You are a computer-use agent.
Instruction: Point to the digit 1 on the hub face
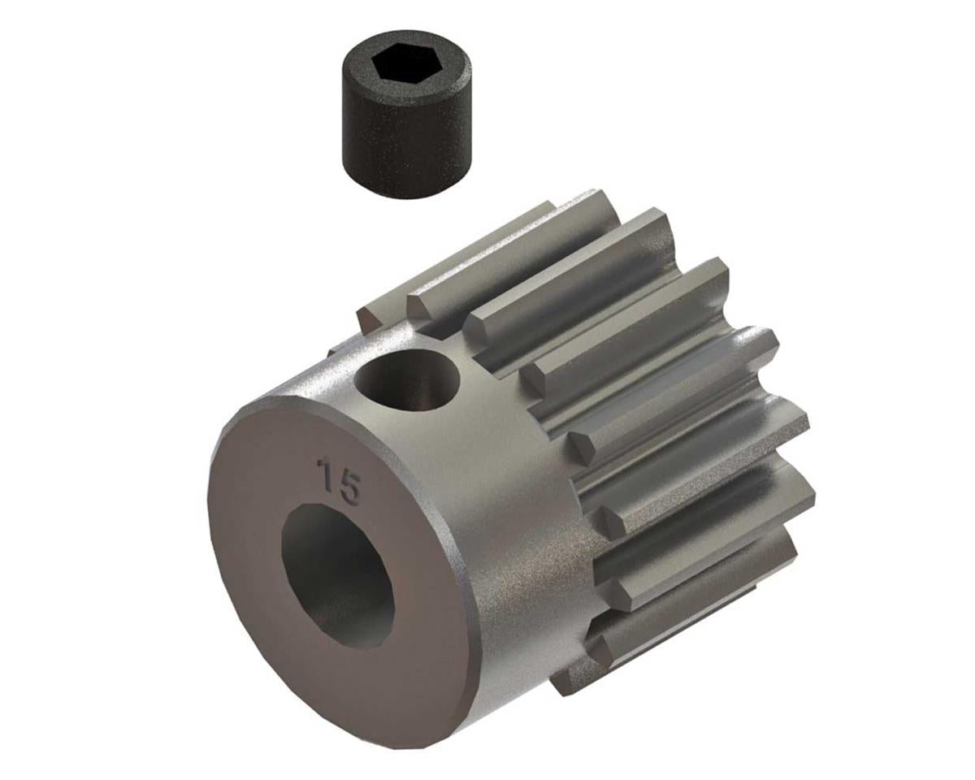[325, 473]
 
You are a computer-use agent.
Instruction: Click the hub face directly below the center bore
[366, 682]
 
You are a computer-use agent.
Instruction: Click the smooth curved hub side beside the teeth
[520, 552]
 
